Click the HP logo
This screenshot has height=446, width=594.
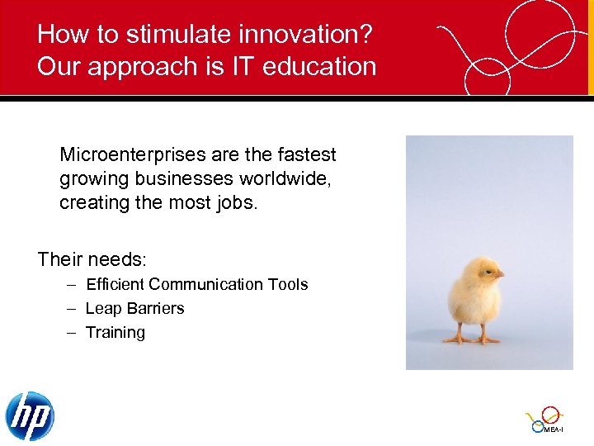tap(30, 415)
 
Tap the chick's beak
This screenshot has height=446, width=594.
tap(500, 273)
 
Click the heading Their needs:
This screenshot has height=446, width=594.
tap(92, 260)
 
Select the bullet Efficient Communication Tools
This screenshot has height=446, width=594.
tap(196, 285)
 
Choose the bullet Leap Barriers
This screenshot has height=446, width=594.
tap(134, 309)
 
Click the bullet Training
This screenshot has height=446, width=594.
tap(115, 333)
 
